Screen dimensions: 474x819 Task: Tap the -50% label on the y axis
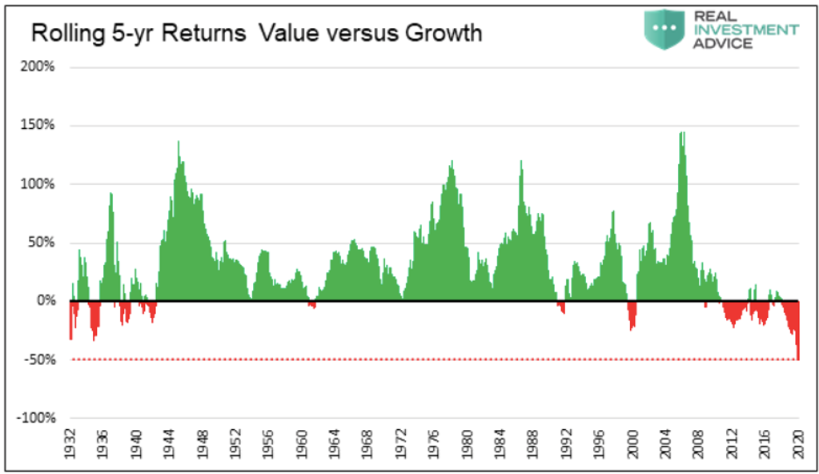point(40,360)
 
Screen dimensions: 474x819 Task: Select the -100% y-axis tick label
point(38,419)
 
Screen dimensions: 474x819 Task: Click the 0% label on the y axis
point(46,301)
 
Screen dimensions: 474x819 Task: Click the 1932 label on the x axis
point(70,444)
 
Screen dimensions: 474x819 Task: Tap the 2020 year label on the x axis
point(798,444)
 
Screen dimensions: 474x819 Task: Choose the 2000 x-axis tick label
point(632,444)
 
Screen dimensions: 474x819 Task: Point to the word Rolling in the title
point(62,34)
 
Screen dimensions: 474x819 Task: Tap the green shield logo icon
point(664,29)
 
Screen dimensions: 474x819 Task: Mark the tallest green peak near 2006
point(682,134)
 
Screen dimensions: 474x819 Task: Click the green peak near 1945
point(179,143)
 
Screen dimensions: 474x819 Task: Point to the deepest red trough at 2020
point(798,357)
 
